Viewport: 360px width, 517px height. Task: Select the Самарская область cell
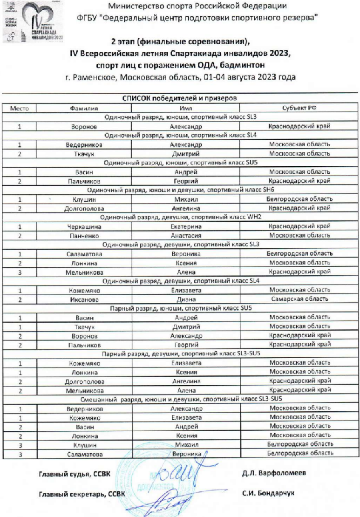(300, 299)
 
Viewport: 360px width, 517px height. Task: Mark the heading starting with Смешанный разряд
(181, 399)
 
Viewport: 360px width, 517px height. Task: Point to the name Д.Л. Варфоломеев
(274, 473)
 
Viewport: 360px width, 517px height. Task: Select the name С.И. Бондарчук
(268, 493)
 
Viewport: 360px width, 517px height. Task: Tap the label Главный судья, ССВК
(74, 474)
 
